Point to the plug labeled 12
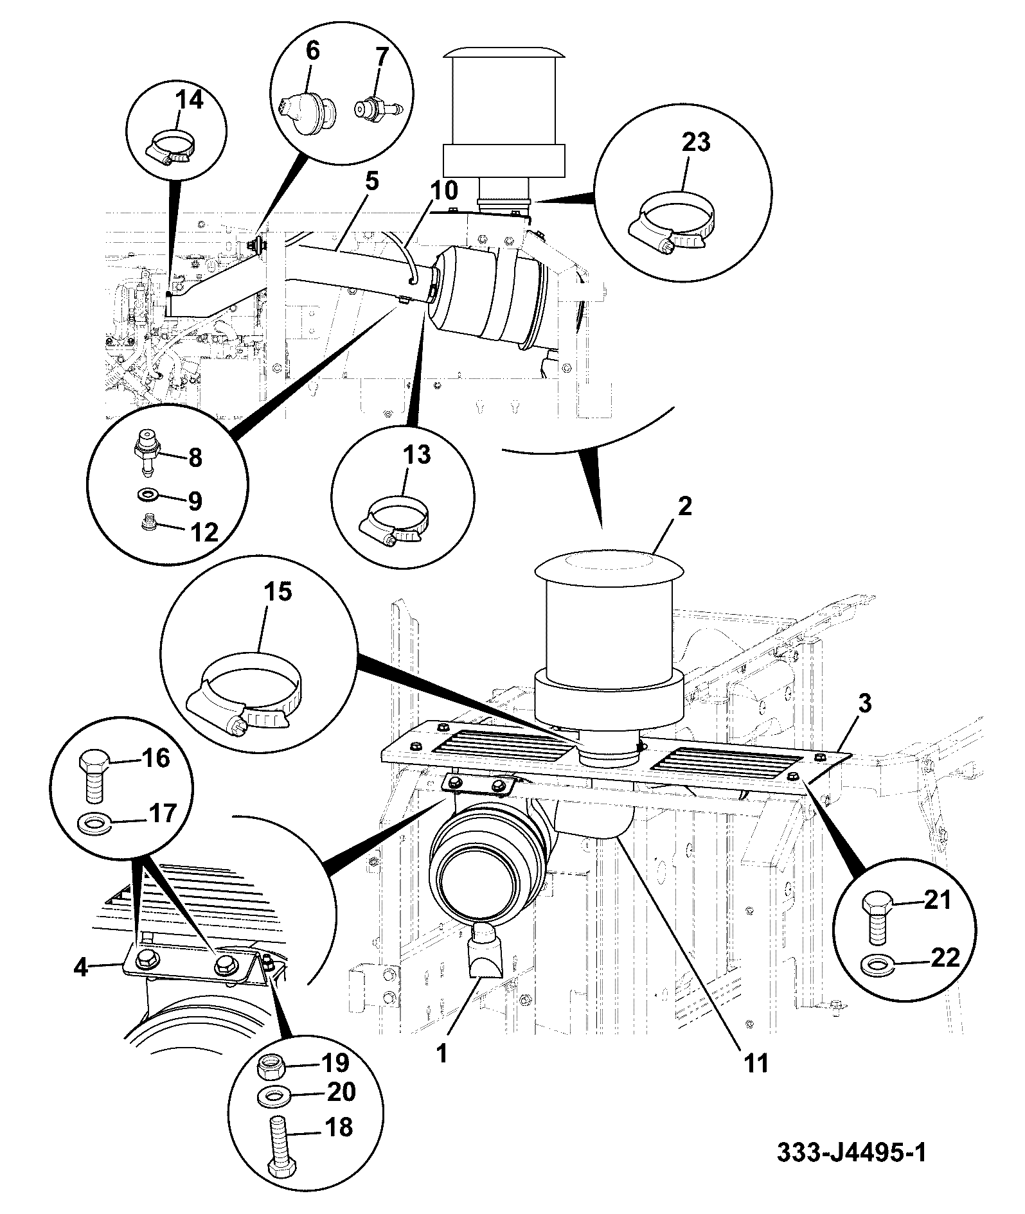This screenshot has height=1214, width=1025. [150, 524]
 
